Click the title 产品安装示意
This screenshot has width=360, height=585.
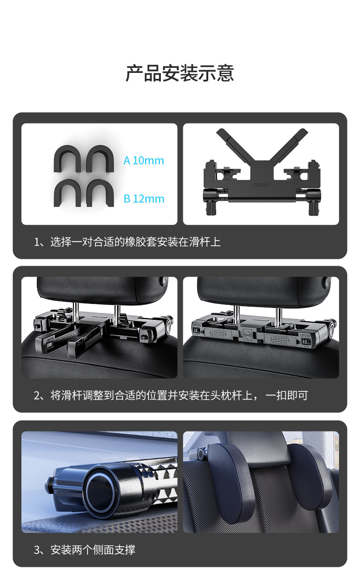click(180, 73)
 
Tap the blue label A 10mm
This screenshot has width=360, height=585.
click(144, 160)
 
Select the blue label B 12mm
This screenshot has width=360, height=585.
click(144, 199)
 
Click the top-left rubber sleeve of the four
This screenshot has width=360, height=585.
click(67, 159)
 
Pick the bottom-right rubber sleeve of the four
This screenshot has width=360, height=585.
click(100, 193)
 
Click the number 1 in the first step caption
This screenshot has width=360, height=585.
click(36, 242)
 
